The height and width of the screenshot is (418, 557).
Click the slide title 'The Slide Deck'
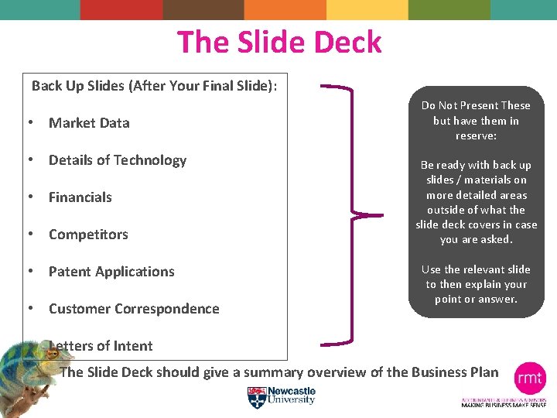tap(279, 42)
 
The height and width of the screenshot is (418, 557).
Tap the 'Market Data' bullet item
tap(89, 123)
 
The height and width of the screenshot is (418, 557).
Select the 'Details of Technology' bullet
tap(118, 160)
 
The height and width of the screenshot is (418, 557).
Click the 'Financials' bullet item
tap(80, 197)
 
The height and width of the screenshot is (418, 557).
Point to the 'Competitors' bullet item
tap(88, 235)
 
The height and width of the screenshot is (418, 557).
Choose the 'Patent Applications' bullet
tap(111, 272)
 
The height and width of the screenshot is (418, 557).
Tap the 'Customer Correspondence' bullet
tap(134, 309)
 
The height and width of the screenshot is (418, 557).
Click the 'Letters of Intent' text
tap(101, 346)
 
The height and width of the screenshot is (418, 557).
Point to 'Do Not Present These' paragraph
tap(476, 120)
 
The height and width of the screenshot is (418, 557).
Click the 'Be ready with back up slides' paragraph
tap(476, 202)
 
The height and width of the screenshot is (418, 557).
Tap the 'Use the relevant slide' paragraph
tap(476, 283)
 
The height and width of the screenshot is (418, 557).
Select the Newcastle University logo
tap(282, 396)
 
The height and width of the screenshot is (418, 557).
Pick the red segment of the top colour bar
tap(121, 9)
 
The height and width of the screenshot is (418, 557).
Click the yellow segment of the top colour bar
tap(367, 9)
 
